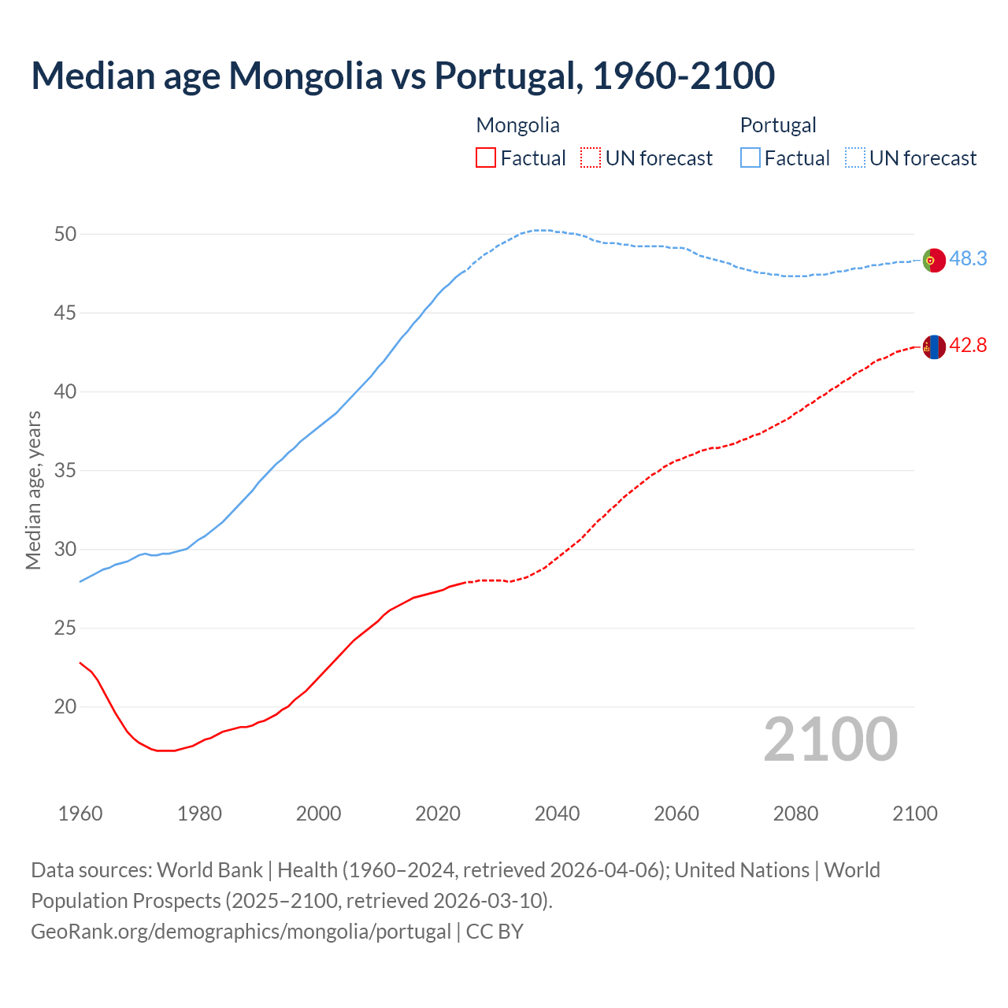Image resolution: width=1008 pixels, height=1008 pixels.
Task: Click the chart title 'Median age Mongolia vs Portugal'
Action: click(402, 76)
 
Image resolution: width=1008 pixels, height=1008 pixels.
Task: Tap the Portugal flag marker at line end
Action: click(934, 260)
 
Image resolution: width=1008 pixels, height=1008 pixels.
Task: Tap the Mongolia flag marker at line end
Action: click(934, 346)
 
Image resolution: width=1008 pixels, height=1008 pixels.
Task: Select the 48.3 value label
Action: click(968, 258)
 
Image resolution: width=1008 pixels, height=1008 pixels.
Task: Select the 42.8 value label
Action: click(968, 345)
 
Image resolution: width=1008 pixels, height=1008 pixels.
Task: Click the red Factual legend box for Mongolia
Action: click(486, 158)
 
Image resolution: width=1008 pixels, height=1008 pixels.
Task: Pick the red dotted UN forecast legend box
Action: click(591, 158)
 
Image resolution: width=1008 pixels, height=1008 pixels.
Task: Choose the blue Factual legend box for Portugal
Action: click(750, 158)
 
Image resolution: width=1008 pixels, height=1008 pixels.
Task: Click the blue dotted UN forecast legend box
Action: click(855, 158)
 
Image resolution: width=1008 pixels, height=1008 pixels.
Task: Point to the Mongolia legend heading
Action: click(517, 125)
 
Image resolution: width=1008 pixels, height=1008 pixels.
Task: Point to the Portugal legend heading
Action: click(777, 125)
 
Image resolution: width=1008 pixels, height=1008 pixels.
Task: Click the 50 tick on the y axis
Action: click(65, 234)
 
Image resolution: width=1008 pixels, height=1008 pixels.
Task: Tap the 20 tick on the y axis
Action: click(65, 706)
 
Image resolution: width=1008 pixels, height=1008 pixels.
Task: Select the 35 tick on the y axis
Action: click(65, 470)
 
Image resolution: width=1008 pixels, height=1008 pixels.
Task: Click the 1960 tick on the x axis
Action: click(80, 813)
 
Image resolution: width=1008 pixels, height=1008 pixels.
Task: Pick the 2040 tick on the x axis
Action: click(557, 813)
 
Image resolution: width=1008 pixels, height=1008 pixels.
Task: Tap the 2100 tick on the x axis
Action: click(914, 813)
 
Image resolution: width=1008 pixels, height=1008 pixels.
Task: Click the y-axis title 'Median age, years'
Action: click(33, 490)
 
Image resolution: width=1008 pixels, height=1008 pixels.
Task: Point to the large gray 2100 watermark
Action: click(830, 739)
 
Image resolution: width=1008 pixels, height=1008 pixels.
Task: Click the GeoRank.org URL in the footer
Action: click(241, 932)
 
